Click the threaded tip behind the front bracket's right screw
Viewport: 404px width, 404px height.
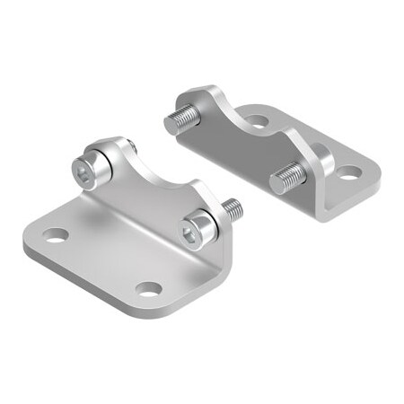coord(231,209)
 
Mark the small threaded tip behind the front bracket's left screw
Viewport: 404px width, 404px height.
coord(130,146)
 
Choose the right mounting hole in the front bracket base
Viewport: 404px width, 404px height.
coord(149,289)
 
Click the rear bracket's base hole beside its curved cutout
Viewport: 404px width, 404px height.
coord(257,119)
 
